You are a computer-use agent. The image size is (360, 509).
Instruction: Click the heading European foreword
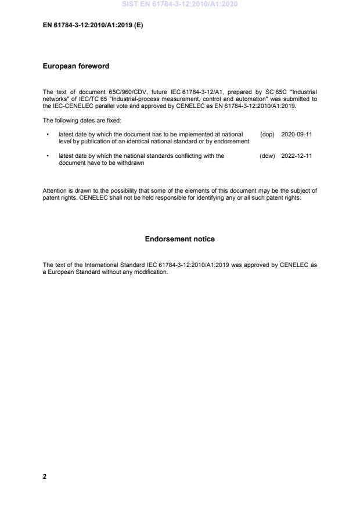(x=75, y=66)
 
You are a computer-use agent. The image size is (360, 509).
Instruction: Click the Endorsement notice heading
(x=179, y=239)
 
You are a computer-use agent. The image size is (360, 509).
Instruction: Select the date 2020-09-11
(x=296, y=134)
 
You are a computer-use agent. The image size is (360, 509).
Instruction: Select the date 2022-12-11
(x=296, y=156)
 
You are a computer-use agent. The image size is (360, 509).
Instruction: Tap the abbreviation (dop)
(x=267, y=134)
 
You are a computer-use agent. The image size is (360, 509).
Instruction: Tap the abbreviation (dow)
(x=267, y=156)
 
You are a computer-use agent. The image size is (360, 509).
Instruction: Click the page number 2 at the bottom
(x=45, y=476)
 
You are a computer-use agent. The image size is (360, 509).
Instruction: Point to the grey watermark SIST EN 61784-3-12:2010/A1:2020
(x=179, y=5)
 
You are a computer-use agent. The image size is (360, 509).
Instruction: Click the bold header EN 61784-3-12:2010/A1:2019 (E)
(x=93, y=26)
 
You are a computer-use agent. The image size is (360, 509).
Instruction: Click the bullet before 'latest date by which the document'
(x=46, y=134)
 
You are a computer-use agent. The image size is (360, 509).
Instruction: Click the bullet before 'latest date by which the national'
(x=46, y=156)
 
